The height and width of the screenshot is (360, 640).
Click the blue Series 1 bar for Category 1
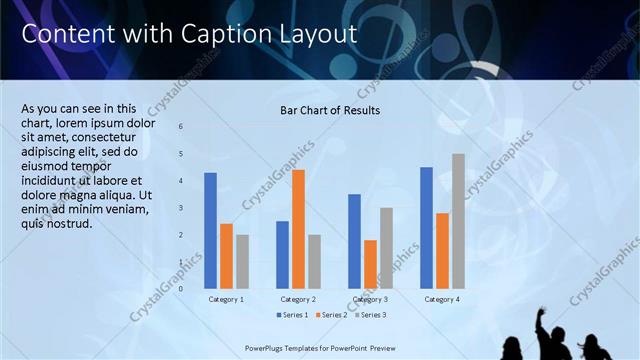(210, 231)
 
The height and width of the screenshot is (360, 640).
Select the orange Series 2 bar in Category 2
(298, 229)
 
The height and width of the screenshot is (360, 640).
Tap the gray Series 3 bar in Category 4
(458, 221)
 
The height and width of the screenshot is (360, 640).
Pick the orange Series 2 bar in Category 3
(370, 264)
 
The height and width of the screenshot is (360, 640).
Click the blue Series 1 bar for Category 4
(426, 228)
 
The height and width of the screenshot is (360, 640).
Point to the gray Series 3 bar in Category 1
(242, 262)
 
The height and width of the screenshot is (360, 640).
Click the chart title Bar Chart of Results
(329, 110)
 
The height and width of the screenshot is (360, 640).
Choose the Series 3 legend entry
(369, 315)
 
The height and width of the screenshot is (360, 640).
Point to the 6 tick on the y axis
(181, 127)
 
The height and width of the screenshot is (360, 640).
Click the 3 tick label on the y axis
(181, 208)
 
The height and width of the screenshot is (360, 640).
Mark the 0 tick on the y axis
(181, 289)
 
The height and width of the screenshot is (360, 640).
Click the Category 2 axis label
(298, 299)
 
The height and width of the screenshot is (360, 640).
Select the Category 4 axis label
(442, 299)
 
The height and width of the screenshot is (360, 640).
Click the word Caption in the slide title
(221, 34)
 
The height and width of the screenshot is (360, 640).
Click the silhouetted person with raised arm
(548, 335)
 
